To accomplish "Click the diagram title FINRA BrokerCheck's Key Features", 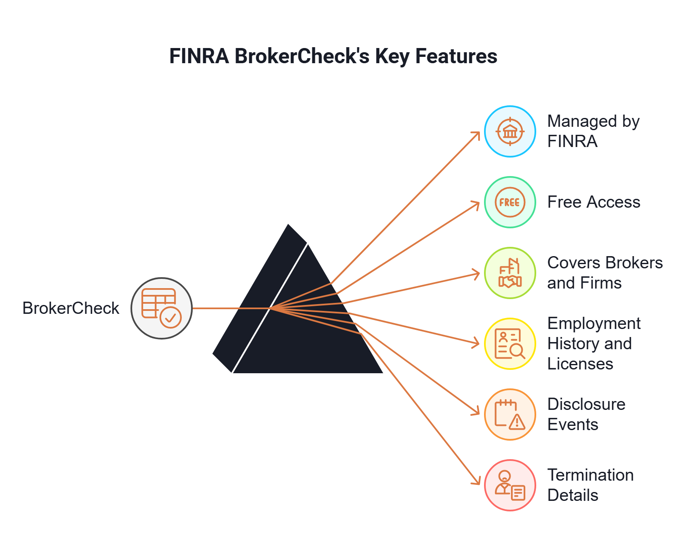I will point(333,56).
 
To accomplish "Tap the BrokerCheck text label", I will point(71,308).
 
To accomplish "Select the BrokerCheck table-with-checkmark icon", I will point(162,308).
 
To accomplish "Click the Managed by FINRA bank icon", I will point(510,131).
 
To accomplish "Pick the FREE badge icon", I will point(510,202).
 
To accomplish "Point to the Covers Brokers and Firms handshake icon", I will point(510,273).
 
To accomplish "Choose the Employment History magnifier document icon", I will point(510,344).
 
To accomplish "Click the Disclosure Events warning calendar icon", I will point(510,415).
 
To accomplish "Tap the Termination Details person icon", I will point(510,485).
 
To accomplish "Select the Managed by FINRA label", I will point(593,131).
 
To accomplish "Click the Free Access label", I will point(593,202).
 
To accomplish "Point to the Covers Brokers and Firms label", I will point(604,273).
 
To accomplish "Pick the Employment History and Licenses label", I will point(593,344).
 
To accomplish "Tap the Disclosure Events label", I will point(586,415).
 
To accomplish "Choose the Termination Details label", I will point(590,485).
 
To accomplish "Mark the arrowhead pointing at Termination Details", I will point(478,482).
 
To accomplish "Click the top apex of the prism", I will point(288,223).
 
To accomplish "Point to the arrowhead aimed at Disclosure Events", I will point(477,412).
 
